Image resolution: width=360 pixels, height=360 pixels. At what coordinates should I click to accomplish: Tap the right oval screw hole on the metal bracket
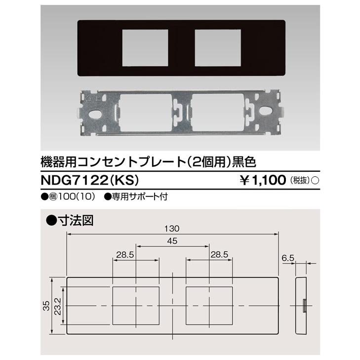(269, 113)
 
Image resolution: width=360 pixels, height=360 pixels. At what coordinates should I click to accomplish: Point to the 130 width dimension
(172, 229)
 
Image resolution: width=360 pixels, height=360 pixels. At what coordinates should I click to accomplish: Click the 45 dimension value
(172, 241)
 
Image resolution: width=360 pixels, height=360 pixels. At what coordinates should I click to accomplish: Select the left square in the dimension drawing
(136, 306)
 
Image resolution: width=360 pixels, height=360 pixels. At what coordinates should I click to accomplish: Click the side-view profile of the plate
(300, 306)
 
